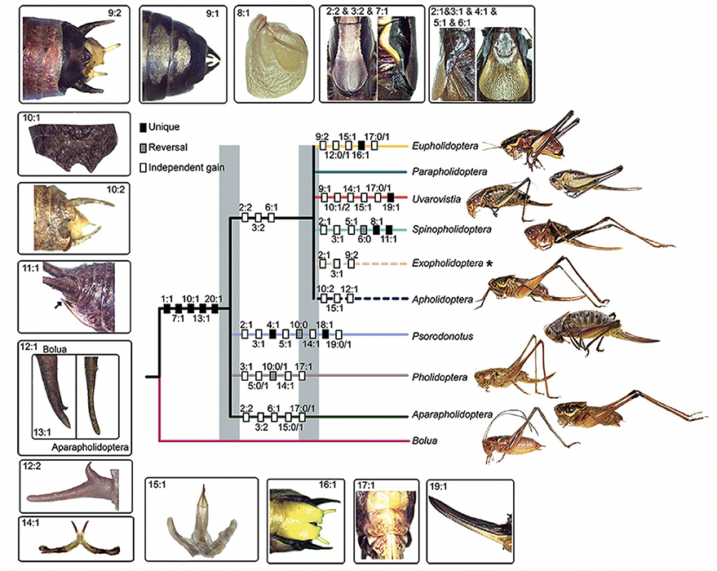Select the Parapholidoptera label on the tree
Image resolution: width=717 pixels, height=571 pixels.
[x=448, y=171]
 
